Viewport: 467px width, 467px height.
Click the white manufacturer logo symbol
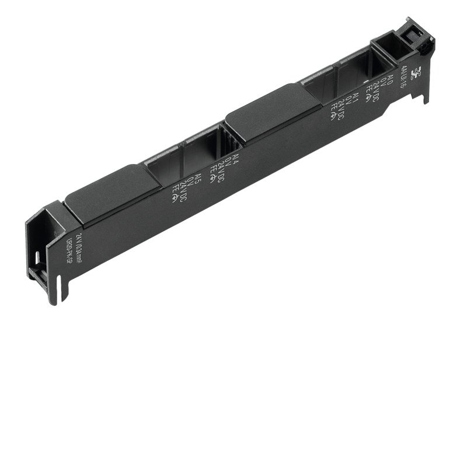pos(416,73)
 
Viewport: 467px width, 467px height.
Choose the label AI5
pos(198,177)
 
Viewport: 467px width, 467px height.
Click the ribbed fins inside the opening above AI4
pos(229,140)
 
